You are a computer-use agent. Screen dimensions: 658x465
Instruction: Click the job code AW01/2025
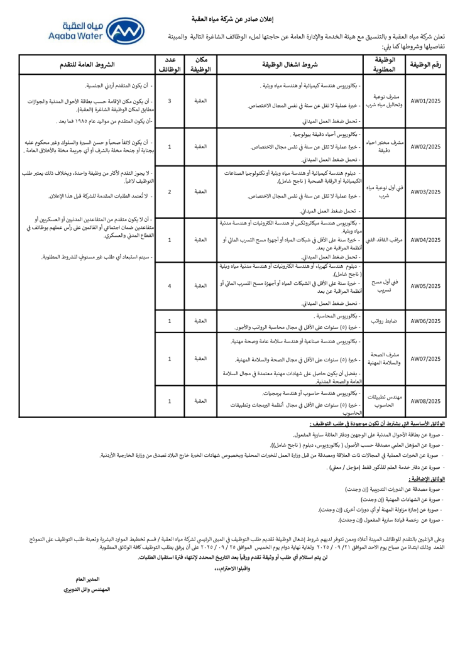coord(425,101)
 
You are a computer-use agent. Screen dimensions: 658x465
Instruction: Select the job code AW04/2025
coord(425,239)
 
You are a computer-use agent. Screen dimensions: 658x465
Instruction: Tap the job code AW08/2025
coord(425,400)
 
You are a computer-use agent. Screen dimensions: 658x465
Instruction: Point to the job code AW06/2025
coord(425,321)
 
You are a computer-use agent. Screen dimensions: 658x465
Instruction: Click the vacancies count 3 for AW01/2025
coord(170,101)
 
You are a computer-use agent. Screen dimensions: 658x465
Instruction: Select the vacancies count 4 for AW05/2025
coord(170,286)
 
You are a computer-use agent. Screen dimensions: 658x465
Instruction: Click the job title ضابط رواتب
coord(384,321)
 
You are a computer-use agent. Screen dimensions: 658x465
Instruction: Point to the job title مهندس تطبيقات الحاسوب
coord(384,400)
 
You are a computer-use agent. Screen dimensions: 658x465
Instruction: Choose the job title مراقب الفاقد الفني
coord(384,239)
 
